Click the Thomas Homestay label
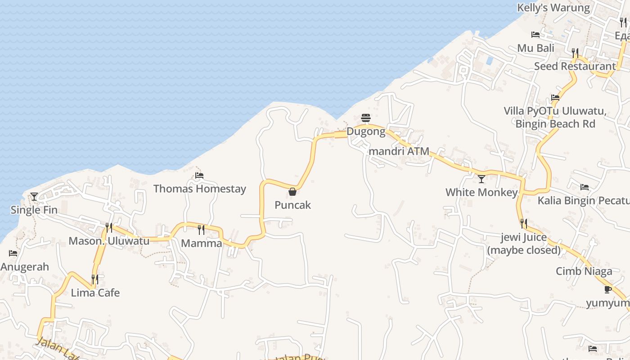tap(200, 189)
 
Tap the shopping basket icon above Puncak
tap(292, 192)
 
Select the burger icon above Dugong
tap(366, 118)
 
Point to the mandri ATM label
tap(399, 151)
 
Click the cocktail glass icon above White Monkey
tap(481, 179)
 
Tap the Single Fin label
tap(34, 210)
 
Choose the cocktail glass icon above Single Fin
tap(34, 197)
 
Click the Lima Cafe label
tap(95, 293)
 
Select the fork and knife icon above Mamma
tap(201, 230)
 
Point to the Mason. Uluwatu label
tap(109, 241)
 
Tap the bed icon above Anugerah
tap(13, 254)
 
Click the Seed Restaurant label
tap(575, 66)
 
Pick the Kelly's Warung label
tap(553, 8)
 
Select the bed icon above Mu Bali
tap(535, 35)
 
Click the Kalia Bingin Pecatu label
tap(584, 200)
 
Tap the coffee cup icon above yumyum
tap(608, 289)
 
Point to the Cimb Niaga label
tap(584, 271)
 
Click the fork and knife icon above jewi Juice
tap(524, 223)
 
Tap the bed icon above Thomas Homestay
tap(199, 175)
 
